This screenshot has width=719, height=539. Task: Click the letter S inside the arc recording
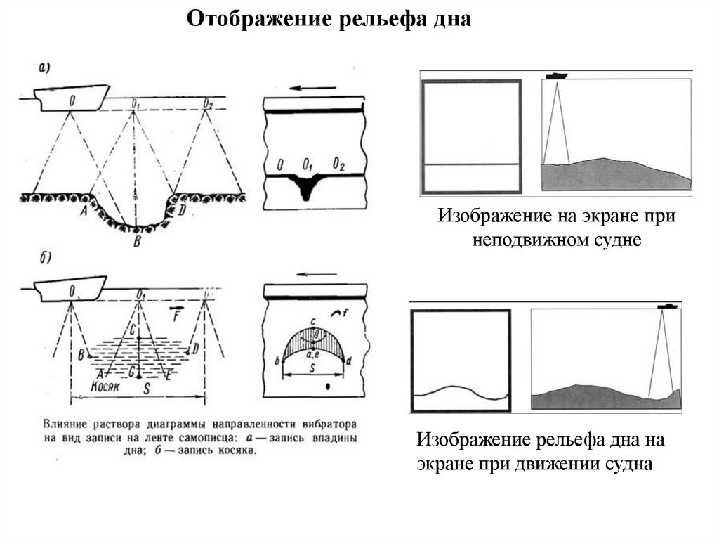click(x=312, y=367)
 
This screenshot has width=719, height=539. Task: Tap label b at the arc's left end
click(x=277, y=361)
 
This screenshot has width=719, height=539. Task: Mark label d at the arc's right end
click(x=349, y=361)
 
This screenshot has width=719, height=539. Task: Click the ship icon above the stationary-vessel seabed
click(x=557, y=75)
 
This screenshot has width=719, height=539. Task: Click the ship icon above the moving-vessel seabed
click(x=666, y=306)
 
